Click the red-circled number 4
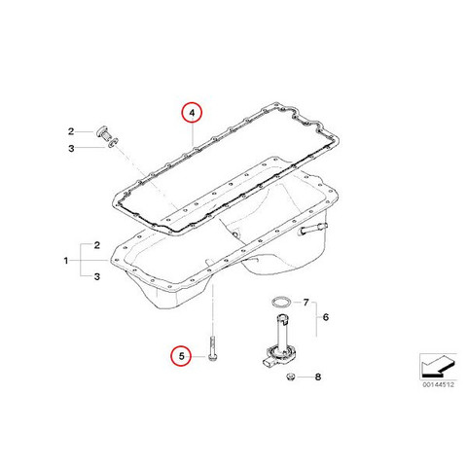[x=192, y=113]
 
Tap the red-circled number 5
[x=181, y=356]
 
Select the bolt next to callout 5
[x=212, y=348]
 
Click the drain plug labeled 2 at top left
[x=103, y=133]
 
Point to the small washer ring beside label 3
[x=113, y=142]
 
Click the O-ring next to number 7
[x=280, y=302]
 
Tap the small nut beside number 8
[x=291, y=377]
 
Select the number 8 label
[x=318, y=377]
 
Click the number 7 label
[x=305, y=303]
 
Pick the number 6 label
[x=326, y=317]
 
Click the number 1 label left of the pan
[x=66, y=261]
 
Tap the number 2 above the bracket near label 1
[x=96, y=245]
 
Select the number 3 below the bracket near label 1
[x=96, y=276]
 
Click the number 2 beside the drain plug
[x=71, y=131]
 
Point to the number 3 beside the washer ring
[x=71, y=149]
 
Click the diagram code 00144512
[x=438, y=384]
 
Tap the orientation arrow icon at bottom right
[x=438, y=366]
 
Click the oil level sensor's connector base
[x=275, y=357]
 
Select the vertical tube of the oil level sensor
[x=281, y=330]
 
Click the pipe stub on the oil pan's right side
[x=313, y=228]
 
